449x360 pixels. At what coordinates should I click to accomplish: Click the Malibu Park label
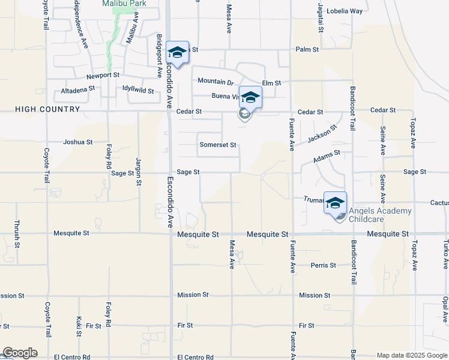pyautogui.click(x=124, y=4)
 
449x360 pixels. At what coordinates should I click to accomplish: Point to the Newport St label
pyautogui.click(x=103, y=76)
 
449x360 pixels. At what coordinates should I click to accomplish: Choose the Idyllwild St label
pyautogui.click(x=138, y=89)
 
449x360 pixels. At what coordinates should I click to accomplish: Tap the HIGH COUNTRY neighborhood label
pyautogui.click(x=47, y=109)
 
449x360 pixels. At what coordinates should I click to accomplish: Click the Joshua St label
pyautogui.click(x=78, y=143)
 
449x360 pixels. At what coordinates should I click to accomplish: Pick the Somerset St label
pyautogui.click(x=218, y=145)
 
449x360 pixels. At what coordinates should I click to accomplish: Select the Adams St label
pyautogui.click(x=327, y=157)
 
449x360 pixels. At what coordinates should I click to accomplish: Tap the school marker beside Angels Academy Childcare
pyautogui.click(x=335, y=202)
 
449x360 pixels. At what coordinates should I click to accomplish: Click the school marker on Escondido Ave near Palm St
pyautogui.click(x=178, y=52)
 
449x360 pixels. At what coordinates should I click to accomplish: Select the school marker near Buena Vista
pyautogui.click(x=250, y=97)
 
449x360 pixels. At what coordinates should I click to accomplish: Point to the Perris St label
pyautogui.click(x=322, y=265)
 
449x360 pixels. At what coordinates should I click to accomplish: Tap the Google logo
pyautogui.click(x=20, y=353)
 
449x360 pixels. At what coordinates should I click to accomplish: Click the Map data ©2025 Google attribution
pyautogui.click(x=411, y=355)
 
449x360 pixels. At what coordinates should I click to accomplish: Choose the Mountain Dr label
pyautogui.click(x=215, y=82)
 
